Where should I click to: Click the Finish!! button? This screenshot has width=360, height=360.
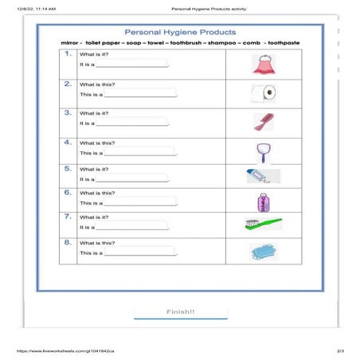(x=180, y=311)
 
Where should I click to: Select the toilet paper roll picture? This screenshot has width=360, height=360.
(x=263, y=92)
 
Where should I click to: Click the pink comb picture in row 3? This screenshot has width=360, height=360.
(x=262, y=121)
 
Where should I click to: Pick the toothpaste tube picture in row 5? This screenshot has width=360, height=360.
(x=262, y=175)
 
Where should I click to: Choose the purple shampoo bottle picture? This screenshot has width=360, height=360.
(x=263, y=201)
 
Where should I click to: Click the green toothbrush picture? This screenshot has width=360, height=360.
(x=262, y=225)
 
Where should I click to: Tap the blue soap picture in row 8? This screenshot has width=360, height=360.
(x=262, y=251)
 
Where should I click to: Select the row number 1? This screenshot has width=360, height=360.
(x=68, y=54)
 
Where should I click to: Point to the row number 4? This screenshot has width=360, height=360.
(x=68, y=142)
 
